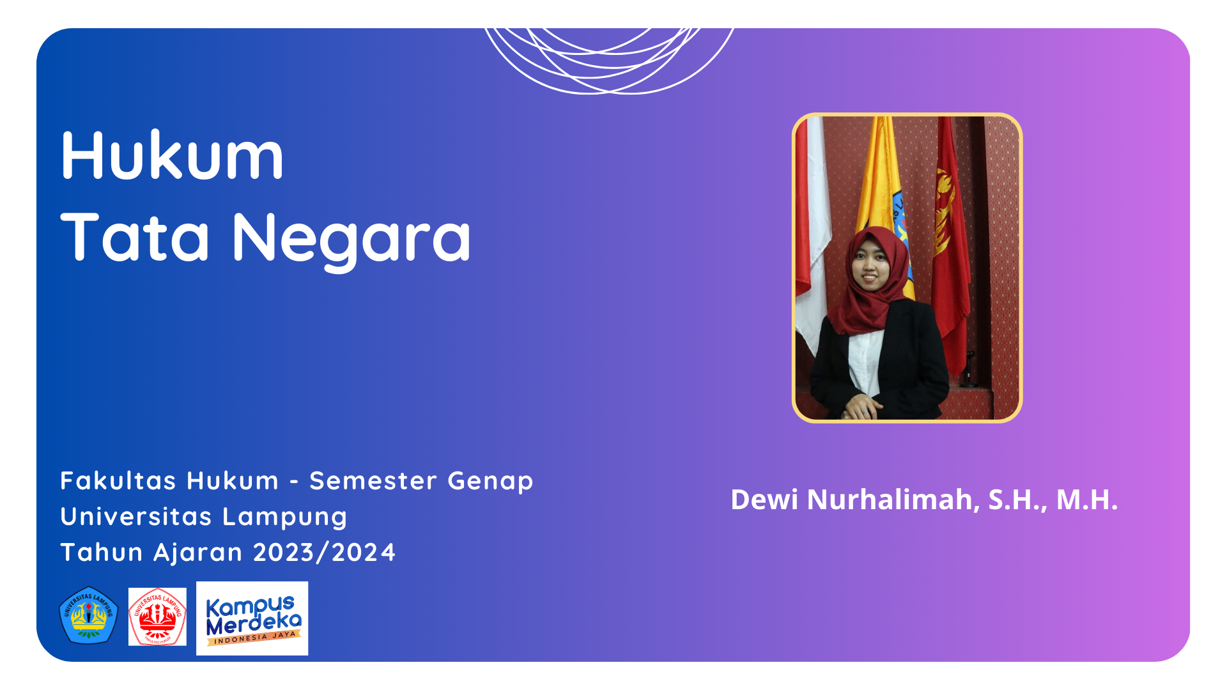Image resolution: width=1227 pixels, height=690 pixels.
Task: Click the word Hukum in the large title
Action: click(x=172, y=155)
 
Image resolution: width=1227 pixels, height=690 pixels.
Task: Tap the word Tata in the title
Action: click(x=135, y=237)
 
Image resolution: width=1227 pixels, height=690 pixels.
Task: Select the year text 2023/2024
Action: click(x=325, y=553)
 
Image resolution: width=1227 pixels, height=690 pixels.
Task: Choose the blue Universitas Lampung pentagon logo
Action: click(x=89, y=615)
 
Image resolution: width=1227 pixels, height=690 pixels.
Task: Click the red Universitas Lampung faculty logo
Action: click(x=157, y=617)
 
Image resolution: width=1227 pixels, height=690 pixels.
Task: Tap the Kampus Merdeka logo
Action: click(x=252, y=618)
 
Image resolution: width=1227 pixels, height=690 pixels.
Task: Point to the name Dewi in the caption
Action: click(x=764, y=500)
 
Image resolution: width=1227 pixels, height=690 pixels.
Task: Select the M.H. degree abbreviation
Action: click(x=1087, y=500)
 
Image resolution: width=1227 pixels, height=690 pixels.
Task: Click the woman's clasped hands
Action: click(x=863, y=406)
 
